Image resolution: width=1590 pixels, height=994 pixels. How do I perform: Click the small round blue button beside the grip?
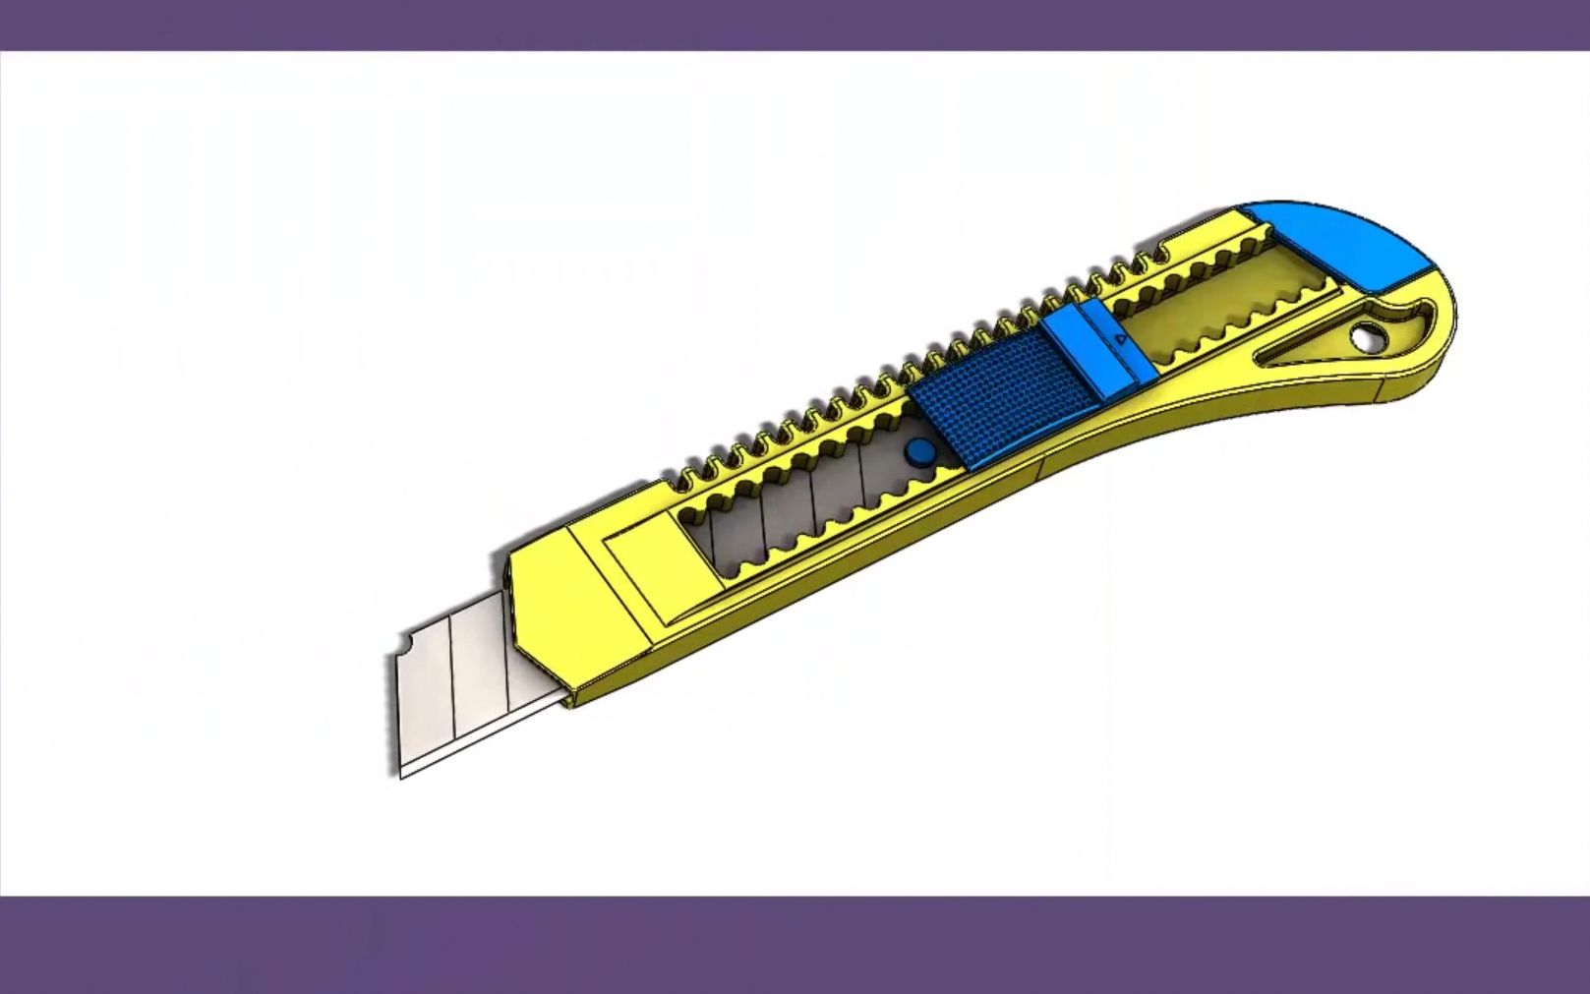pos(920,451)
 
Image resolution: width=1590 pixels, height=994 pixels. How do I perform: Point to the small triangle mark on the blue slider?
pos(1121,339)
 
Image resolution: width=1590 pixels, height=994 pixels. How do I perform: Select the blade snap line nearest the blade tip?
pos(452,688)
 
